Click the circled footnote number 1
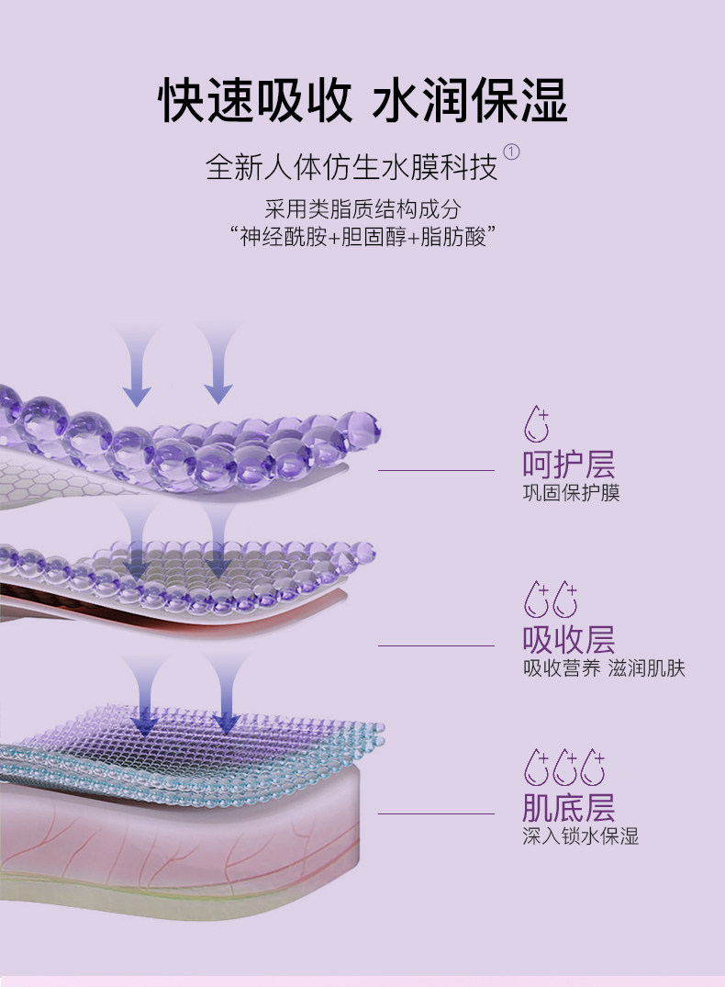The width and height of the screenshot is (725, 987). click(512, 152)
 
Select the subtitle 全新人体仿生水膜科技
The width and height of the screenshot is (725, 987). click(351, 167)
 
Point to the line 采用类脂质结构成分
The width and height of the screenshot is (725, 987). click(362, 209)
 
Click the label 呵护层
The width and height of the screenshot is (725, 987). click(568, 465)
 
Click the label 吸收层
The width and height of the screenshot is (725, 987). click(568, 639)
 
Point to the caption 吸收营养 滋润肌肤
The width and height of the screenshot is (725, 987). click(603, 668)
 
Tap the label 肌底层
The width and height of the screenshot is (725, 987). click(568, 808)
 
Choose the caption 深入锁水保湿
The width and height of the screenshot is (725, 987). click(580, 836)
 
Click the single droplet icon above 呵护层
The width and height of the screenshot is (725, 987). click(536, 425)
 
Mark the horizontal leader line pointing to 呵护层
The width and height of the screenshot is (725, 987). click(437, 470)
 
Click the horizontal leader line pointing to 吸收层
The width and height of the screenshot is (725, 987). click(437, 645)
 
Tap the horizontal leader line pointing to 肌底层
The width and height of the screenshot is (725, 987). click(437, 813)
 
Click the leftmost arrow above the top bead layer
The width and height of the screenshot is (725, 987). click(137, 367)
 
